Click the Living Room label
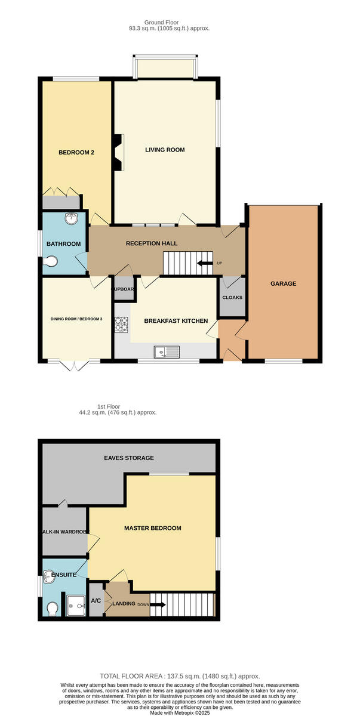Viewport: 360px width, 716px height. tap(165, 150)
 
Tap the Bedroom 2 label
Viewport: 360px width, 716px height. tap(76, 153)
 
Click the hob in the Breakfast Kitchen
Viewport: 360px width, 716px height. tap(122, 324)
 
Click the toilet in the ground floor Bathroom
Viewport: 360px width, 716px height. tap(51, 261)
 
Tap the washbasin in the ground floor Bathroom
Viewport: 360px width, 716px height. tap(73, 219)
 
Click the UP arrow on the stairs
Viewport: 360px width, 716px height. tap(205, 263)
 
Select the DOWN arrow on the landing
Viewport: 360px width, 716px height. tap(158, 604)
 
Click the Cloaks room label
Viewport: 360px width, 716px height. tap(232, 297)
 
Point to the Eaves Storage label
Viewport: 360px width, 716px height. tap(129, 458)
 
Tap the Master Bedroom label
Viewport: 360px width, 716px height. tap(152, 528)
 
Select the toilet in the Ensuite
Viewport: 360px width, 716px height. tap(53, 608)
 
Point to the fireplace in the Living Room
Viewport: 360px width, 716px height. tap(119, 153)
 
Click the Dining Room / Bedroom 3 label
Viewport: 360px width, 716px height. tap(76, 319)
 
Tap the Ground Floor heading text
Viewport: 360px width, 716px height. tap(169, 23)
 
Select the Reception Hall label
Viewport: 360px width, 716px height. tap(143, 243)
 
